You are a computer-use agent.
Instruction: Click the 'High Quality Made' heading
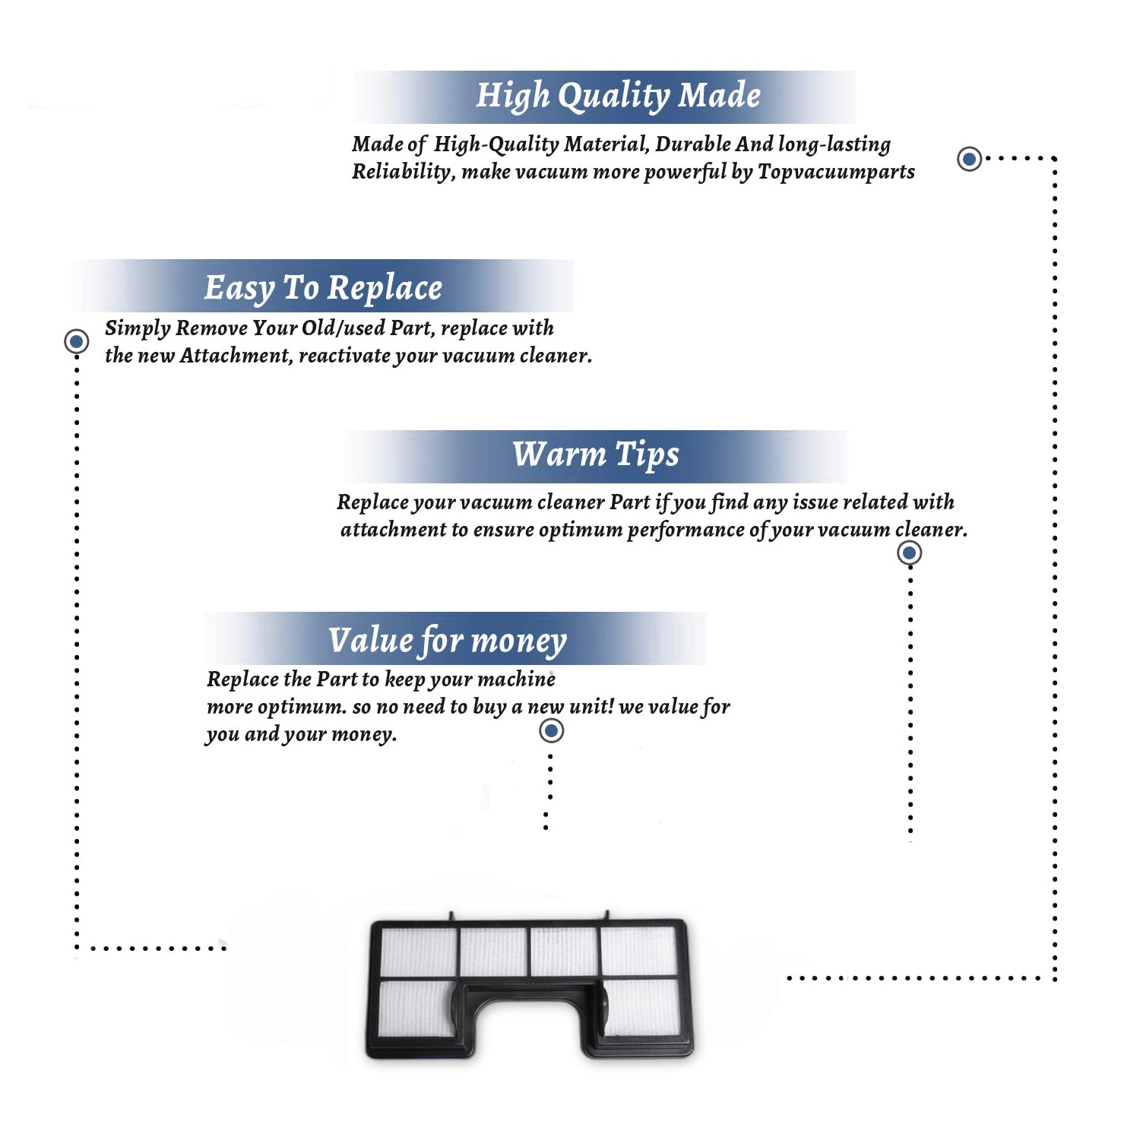pyautogui.click(x=618, y=97)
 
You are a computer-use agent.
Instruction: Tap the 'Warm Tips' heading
pyautogui.click(x=596, y=455)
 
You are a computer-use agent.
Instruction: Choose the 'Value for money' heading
pyautogui.click(x=448, y=641)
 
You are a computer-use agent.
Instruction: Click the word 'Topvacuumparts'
pyautogui.click(x=836, y=173)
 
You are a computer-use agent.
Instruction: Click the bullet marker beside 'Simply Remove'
pyautogui.click(x=76, y=341)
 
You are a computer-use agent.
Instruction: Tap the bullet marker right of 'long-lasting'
pyautogui.click(x=969, y=159)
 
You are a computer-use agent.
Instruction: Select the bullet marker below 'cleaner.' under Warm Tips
pyautogui.click(x=910, y=553)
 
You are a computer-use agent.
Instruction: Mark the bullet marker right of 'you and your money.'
pyautogui.click(x=551, y=731)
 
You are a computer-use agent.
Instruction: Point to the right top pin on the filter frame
pyautogui.click(x=606, y=917)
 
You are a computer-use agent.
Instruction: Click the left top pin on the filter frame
pyautogui.click(x=451, y=917)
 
